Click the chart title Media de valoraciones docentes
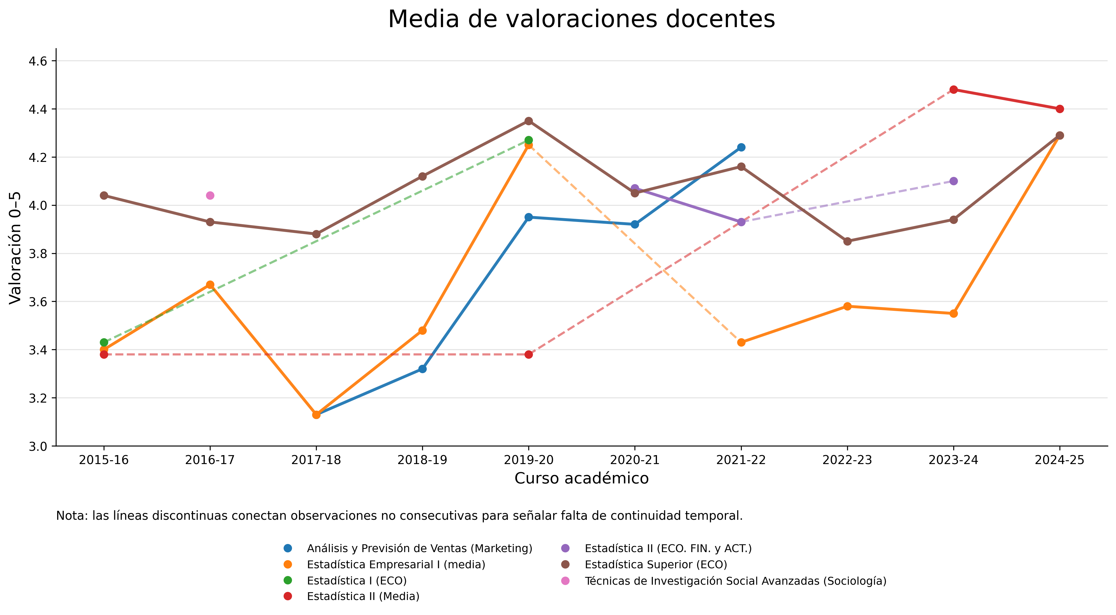coord(581,20)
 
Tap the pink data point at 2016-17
coord(210,195)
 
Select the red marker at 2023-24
coord(954,90)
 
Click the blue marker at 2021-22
coord(741,147)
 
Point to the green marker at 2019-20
coord(529,140)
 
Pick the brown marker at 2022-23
coord(847,241)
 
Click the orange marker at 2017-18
coord(316,415)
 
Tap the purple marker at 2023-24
coord(954,181)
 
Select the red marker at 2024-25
coord(1060,109)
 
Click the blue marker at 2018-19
coord(422,369)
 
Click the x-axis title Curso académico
coord(581,478)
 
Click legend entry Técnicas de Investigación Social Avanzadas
coord(735,581)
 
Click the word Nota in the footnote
coord(72,516)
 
